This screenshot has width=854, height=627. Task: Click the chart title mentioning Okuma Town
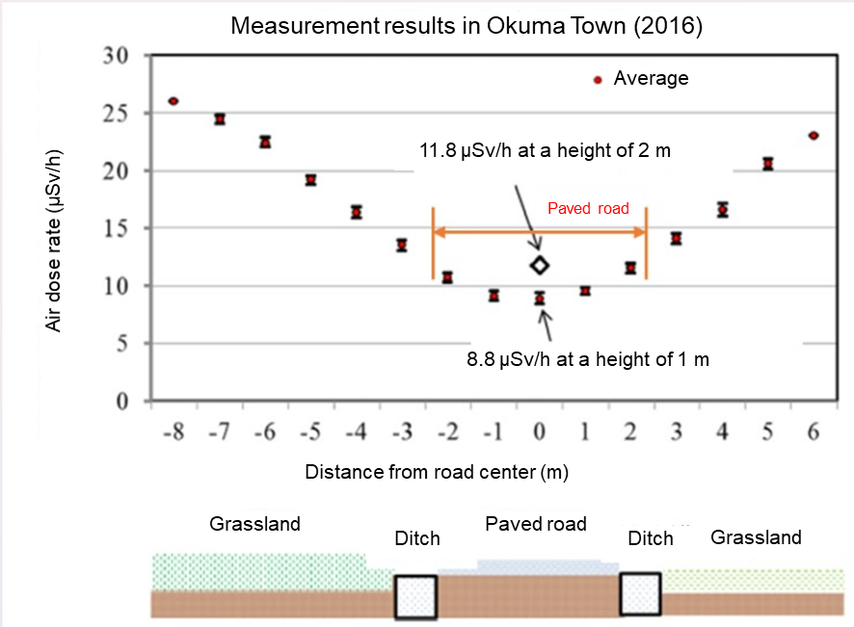[467, 26]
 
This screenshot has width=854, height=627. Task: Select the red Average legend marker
[598, 80]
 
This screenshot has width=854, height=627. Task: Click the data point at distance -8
[173, 101]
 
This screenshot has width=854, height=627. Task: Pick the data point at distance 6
[814, 136]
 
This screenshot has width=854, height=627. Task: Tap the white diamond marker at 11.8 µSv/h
[540, 265]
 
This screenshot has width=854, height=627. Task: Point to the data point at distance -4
[357, 212]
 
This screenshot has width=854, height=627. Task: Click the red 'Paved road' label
[588, 208]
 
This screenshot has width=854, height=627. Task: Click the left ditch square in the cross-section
[415, 596]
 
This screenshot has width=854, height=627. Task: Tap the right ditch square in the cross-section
[640, 594]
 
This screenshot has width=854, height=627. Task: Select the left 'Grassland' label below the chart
[255, 525]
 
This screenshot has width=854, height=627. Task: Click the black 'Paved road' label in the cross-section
[536, 524]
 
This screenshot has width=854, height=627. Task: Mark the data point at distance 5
[768, 164]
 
